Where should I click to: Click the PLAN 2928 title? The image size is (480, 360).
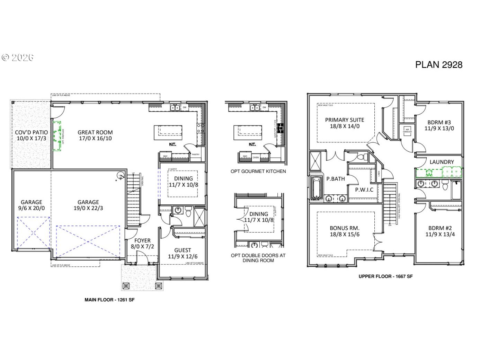(x=438, y=65)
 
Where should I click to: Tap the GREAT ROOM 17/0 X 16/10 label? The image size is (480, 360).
(x=95, y=135)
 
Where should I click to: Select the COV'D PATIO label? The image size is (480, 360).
(x=31, y=135)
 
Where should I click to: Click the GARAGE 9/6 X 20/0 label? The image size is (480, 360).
(x=31, y=205)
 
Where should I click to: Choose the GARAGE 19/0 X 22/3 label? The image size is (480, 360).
(x=88, y=205)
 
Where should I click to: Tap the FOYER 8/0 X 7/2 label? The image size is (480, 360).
(x=142, y=244)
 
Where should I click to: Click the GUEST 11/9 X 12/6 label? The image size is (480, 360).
(x=183, y=253)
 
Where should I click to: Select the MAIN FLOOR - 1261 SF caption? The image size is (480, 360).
(x=109, y=300)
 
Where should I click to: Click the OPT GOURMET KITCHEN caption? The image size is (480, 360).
(x=258, y=171)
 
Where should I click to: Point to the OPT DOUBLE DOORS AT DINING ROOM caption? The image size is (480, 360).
(x=258, y=258)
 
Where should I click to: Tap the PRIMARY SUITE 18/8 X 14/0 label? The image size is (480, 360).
(x=345, y=123)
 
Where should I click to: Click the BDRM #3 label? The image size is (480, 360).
(x=439, y=125)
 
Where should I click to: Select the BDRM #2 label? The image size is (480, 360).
(x=440, y=231)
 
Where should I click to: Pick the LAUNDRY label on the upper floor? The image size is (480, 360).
(x=442, y=162)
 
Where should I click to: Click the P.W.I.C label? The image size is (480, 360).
(x=364, y=190)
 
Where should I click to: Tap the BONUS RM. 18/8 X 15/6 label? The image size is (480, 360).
(x=345, y=231)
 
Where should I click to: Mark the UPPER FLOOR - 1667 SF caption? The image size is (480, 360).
(x=385, y=276)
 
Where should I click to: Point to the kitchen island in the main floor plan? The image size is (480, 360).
(x=168, y=132)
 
